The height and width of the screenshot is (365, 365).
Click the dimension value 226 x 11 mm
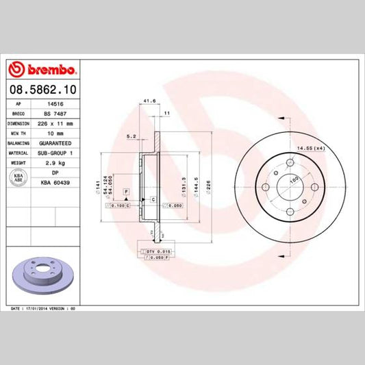point(55,124)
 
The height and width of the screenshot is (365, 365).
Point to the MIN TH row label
point(18,134)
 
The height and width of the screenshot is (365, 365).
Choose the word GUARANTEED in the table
point(55,143)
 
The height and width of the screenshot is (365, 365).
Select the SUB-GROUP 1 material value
point(55,153)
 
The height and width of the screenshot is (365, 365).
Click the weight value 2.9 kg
point(55,162)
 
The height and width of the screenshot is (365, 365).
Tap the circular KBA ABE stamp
point(19,178)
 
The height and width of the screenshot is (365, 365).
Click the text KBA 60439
point(55,182)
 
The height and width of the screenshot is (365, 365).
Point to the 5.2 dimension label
point(130,136)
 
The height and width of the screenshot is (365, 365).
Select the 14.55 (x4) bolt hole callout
point(310,147)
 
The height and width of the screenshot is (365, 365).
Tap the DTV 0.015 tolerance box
point(158,253)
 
